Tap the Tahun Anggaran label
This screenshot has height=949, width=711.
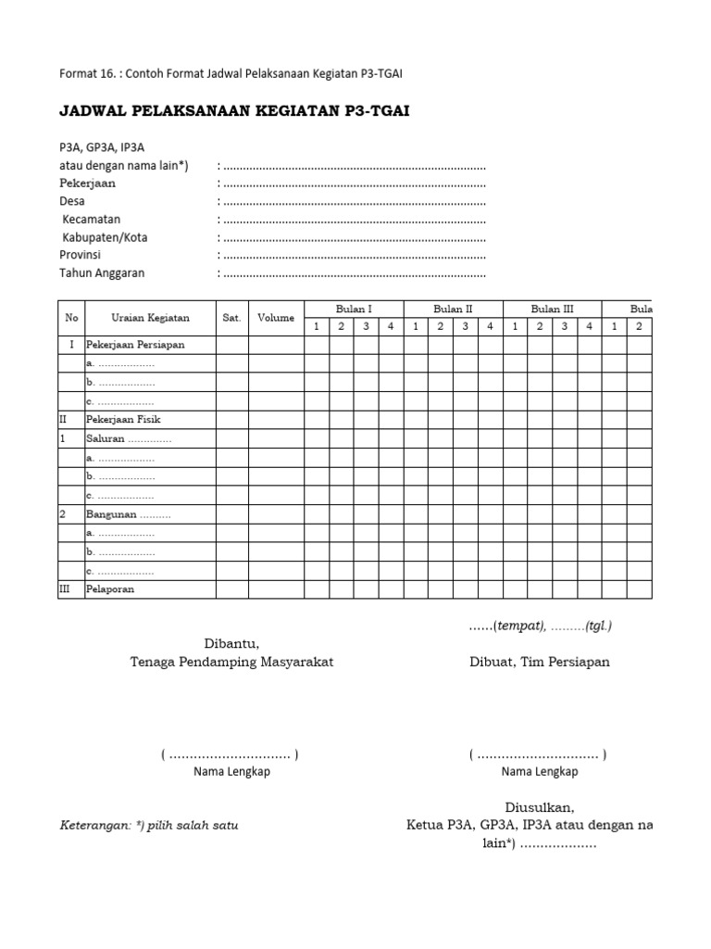102,273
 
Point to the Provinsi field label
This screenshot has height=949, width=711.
81,255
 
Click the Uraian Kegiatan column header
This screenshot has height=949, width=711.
150,318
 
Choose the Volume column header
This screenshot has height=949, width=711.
276,318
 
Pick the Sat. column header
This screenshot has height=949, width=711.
231,318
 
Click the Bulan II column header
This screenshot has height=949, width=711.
453,309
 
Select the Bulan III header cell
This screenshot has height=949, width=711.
552,309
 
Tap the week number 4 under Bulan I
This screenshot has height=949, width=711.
391,326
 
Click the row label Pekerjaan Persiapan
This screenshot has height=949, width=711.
135,345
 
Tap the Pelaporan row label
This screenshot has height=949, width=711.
110,589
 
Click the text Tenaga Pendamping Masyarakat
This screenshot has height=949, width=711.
231,663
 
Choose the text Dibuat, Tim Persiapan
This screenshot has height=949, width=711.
538,663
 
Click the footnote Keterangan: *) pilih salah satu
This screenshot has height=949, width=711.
149,825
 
